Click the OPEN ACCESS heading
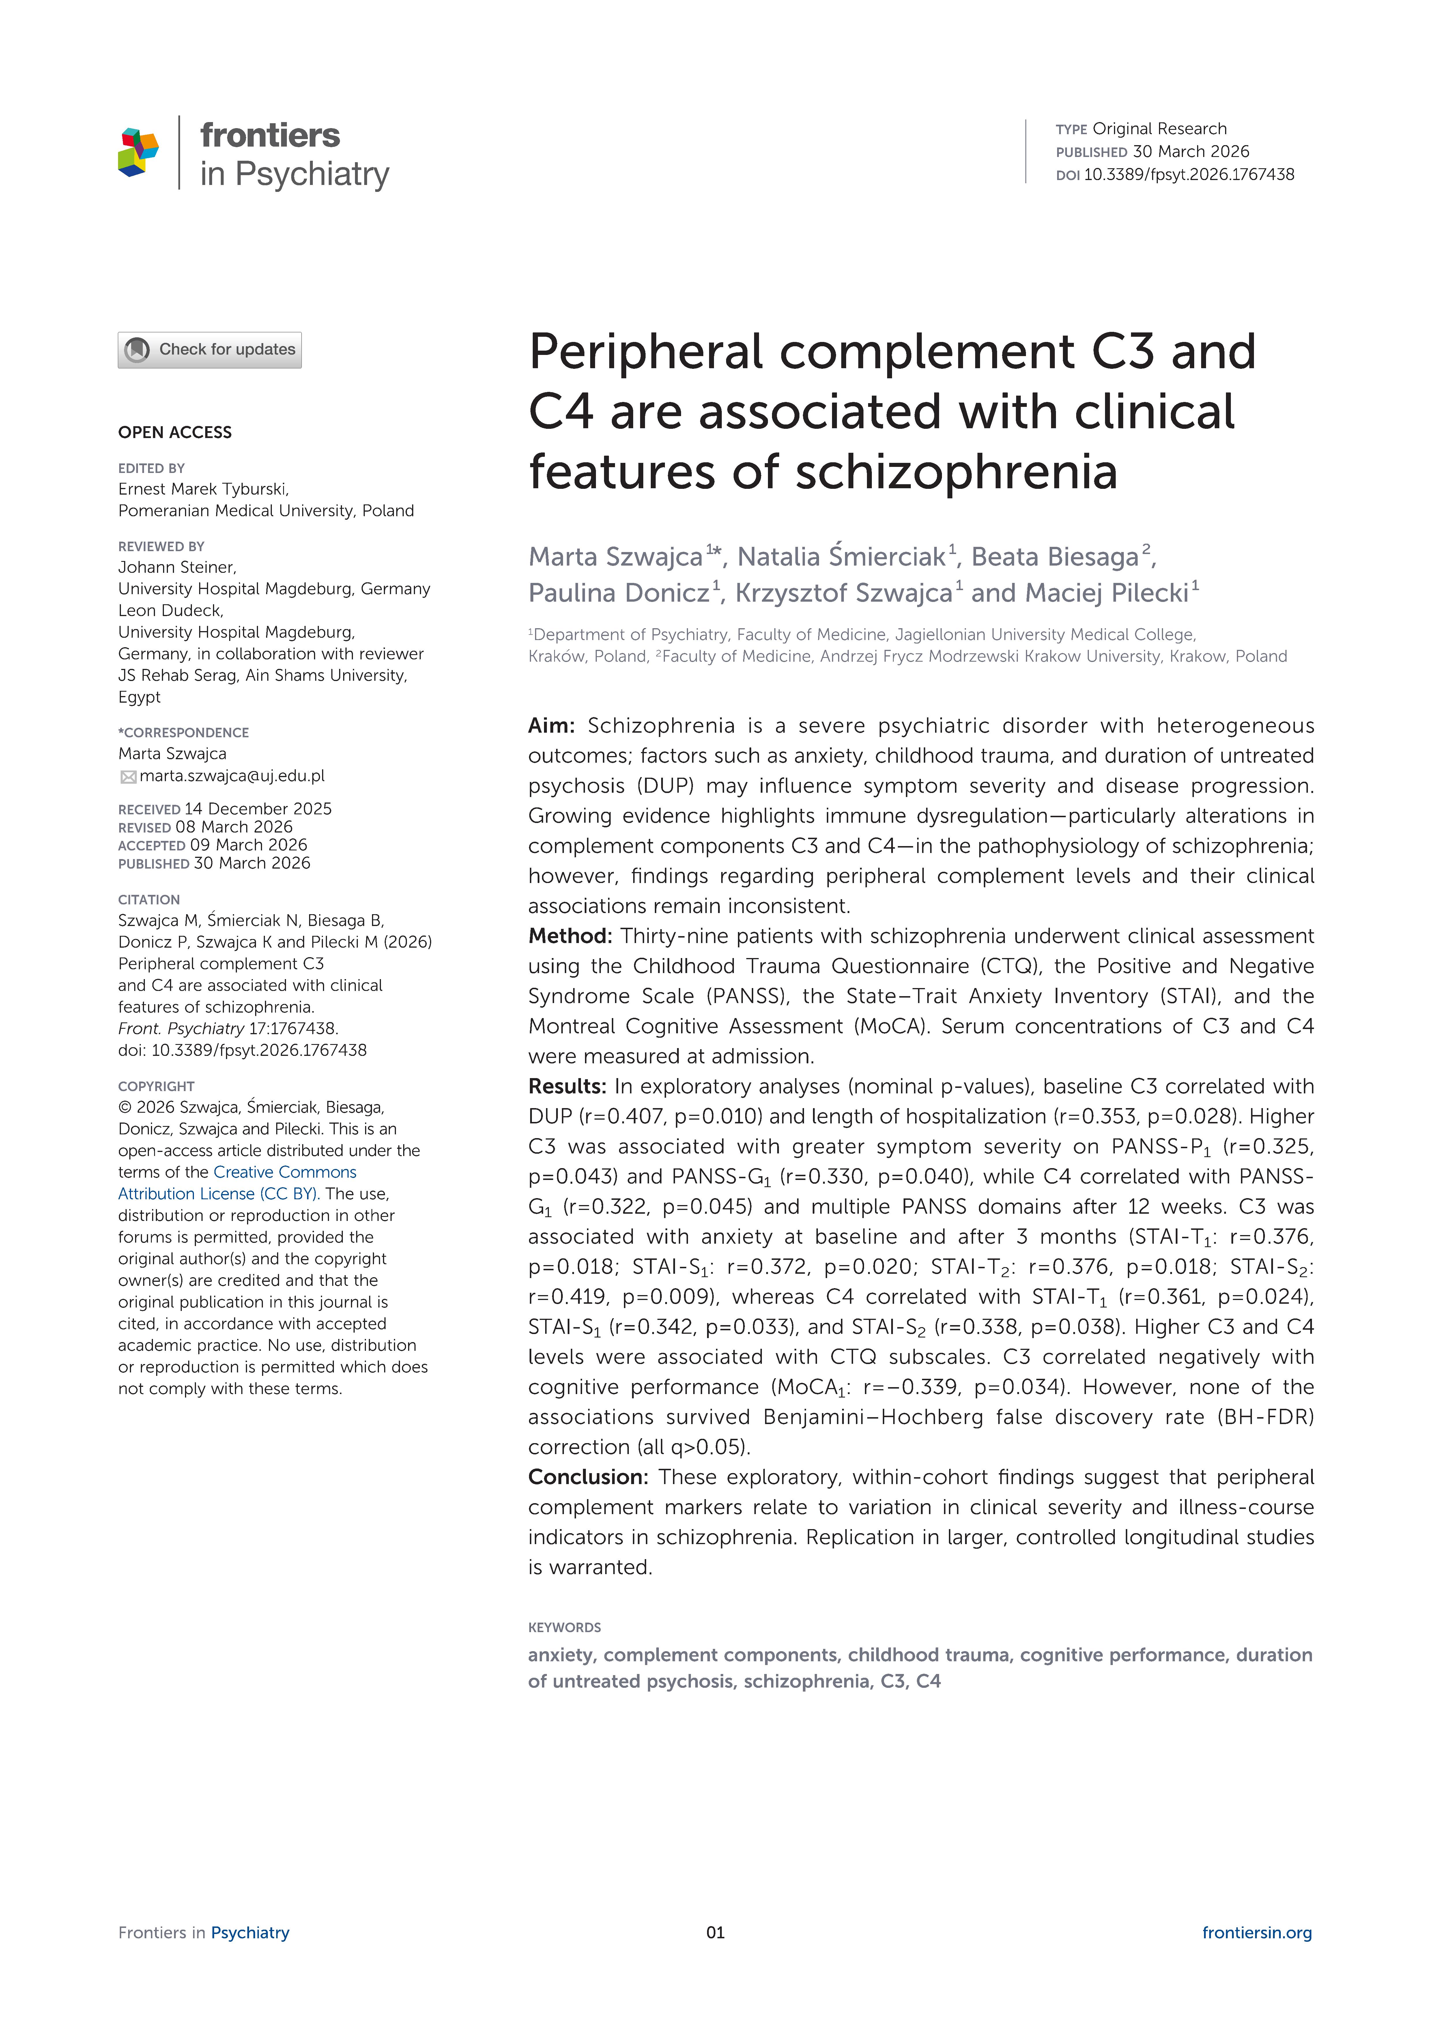pyautogui.click(x=175, y=432)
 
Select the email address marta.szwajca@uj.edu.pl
pyautogui.click(x=232, y=776)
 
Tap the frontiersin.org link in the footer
pyautogui.click(x=1257, y=1932)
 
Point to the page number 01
pyautogui.click(x=715, y=1932)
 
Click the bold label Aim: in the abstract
pyautogui.click(x=551, y=725)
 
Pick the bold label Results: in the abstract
pyautogui.click(x=567, y=1086)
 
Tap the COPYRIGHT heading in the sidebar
pyautogui.click(x=156, y=1086)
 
